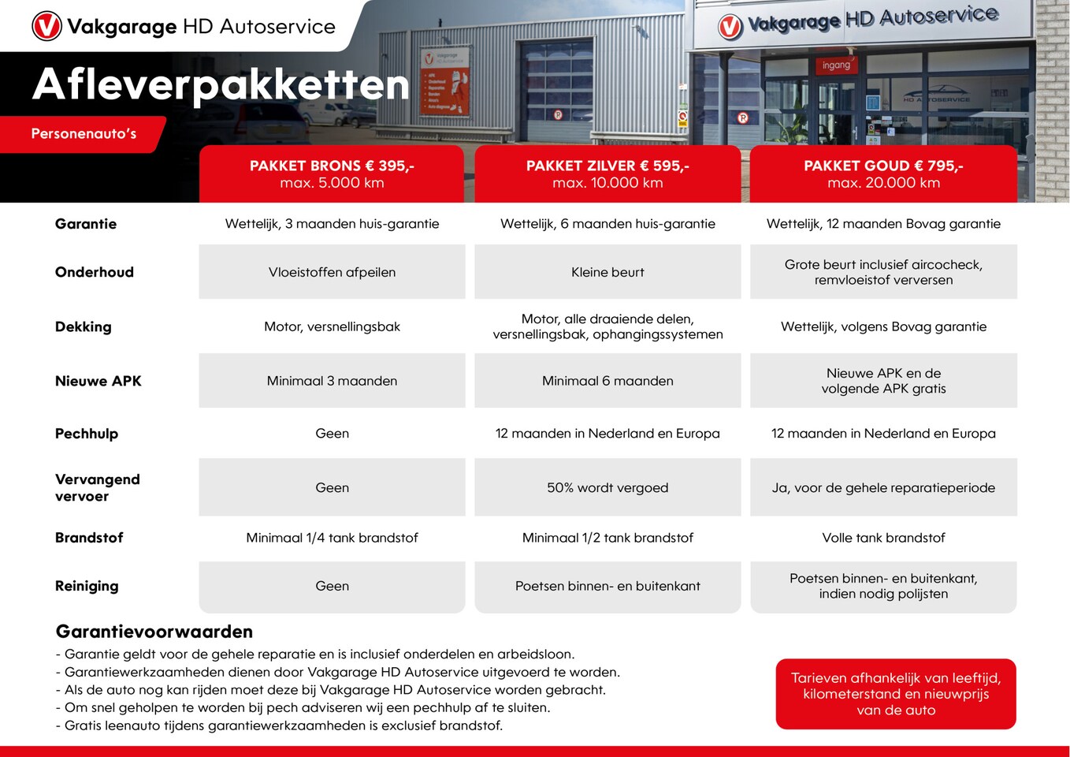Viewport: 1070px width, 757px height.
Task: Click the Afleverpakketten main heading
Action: point(221,84)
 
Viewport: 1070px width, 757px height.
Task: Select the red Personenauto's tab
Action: point(84,134)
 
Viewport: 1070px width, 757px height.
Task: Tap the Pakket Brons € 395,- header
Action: point(332,173)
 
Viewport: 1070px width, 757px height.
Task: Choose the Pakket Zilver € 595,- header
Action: point(607,173)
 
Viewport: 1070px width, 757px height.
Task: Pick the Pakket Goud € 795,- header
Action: point(883,173)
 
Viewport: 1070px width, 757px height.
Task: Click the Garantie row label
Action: point(86,224)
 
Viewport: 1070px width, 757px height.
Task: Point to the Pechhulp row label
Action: point(87,434)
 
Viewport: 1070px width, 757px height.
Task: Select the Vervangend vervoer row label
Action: point(97,487)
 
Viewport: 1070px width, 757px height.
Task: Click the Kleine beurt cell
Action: point(607,272)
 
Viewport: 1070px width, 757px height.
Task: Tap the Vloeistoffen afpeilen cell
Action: point(332,272)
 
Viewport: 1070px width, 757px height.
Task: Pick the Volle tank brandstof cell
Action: point(883,538)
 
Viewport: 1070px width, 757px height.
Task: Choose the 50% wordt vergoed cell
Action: point(607,487)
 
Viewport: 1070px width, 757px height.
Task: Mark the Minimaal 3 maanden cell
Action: point(332,381)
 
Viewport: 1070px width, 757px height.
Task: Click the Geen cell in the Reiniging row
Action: point(332,586)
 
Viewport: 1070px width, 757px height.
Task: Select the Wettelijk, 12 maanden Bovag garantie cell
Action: point(883,224)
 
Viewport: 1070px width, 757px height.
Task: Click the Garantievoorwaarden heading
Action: point(154,632)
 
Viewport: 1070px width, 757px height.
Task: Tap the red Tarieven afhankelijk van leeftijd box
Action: point(896,694)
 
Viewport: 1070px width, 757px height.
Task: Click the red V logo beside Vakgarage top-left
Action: point(46,26)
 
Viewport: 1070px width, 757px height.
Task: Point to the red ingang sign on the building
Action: point(836,65)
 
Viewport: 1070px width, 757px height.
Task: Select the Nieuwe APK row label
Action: point(98,381)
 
